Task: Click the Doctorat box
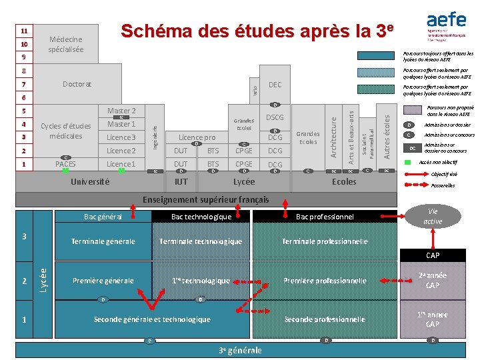77,85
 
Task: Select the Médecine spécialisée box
66,45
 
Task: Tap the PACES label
65,164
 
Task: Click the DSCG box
275,117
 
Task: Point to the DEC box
275,85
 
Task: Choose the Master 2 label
121,111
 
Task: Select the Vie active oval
433,216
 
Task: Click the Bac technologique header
201,217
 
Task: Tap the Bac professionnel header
325,217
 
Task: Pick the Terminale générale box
103,241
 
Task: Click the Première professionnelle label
325,281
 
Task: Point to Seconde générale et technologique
152,319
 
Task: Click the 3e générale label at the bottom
240,351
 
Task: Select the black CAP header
433,255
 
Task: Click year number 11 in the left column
24,31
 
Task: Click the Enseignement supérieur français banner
207,199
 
